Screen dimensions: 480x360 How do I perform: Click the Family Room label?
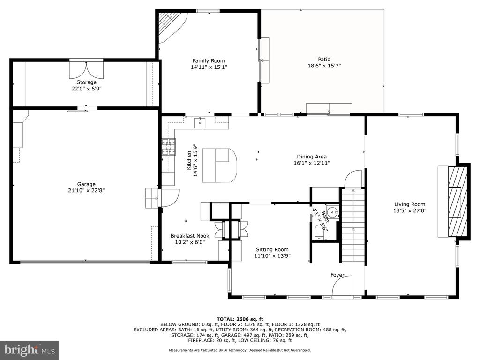[x=209, y=61]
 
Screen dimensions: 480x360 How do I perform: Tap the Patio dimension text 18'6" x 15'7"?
[x=324, y=66]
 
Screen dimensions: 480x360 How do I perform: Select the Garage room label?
[x=86, y=184]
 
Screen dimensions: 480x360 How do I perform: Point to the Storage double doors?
[x=86, y=70]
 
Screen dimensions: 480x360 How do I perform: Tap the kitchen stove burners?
[x=169, y=147]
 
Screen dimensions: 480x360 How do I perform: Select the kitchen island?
[x=219, y=165]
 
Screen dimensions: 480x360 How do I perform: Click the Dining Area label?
[x=312, y=157]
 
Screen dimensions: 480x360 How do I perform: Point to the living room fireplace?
[x=458, y=202]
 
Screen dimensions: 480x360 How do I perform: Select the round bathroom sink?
[x=332, y=211]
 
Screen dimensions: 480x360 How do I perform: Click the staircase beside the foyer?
[x=353, y=225]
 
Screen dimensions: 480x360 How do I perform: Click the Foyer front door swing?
[x=342, y=286]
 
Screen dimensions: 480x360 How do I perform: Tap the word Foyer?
[x=337, y=275]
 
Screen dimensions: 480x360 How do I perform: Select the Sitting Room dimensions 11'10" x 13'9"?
[x=272, y=256]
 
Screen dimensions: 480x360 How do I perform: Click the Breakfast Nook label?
[x=190, y=236]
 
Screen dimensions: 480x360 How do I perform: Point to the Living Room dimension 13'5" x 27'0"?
[x=410, y=210]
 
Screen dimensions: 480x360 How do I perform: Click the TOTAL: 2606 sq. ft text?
[x=240, y=319]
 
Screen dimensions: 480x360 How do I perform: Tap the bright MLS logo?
[x=30, y=350]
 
